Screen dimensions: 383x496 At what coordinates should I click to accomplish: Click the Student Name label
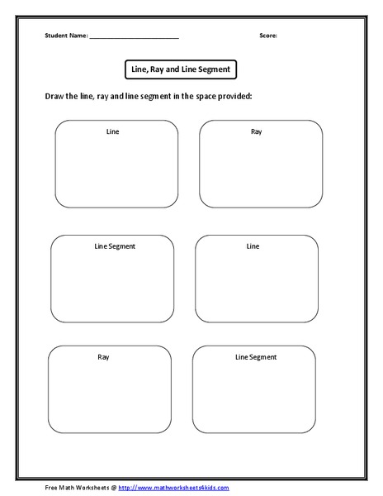[66, 36]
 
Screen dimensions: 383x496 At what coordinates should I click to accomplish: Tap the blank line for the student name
[134, 38]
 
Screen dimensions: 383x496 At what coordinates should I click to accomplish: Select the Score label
[268, 36]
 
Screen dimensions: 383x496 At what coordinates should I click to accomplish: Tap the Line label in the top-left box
[113, 131]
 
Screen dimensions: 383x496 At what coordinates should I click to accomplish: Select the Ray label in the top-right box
[256, 131]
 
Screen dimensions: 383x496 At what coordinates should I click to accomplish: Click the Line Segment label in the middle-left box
[116, 246]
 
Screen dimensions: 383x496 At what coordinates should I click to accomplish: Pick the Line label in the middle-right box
[253, 246]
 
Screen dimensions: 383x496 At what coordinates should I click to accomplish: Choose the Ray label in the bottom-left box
[103, 357]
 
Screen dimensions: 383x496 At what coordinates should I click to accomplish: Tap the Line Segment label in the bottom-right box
[256, 357]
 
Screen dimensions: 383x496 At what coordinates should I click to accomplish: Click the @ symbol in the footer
[113, 488]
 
